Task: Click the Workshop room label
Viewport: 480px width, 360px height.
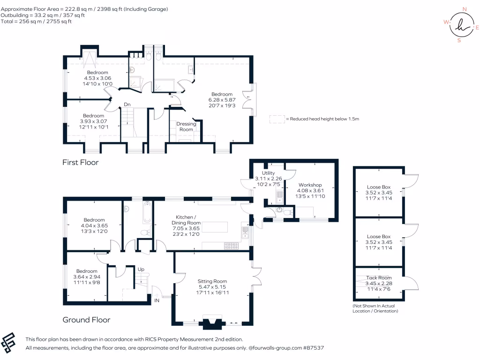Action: point(309,185)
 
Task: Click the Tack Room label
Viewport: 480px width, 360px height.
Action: point(379,278)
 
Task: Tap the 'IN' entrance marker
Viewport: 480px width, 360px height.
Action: point(157,301)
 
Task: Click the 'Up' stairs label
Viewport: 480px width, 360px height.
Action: point(140,270)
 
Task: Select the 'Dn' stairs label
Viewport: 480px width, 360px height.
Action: point(127,105)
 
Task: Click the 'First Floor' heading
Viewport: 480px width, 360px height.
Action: point(80,162)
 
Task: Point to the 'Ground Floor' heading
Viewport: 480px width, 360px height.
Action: point(86,320)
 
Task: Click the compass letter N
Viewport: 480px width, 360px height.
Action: point(465,9)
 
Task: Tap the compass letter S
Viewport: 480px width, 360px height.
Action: point(459,40)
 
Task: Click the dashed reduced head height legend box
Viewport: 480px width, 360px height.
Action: point(277,119)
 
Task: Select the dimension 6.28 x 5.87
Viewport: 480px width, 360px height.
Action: point(222,100)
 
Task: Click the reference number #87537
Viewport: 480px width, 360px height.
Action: point(313,348)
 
